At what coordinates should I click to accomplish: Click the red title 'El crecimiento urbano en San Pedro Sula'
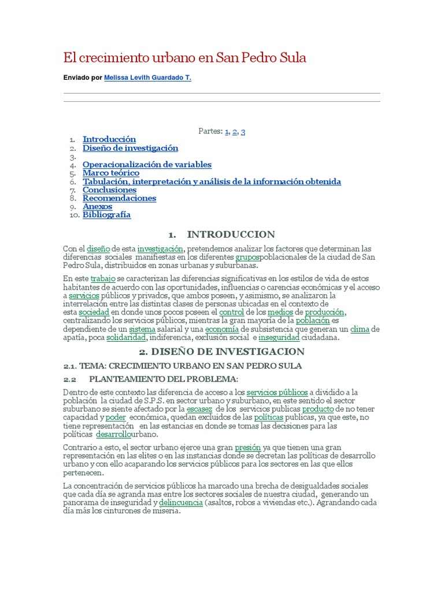tap(184, 58)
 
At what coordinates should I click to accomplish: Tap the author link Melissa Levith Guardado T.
tap(147, 77)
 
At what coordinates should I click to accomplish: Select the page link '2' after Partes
tap(235, 132)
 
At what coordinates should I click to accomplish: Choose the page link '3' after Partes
tap(243, 132)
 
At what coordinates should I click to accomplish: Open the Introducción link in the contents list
tap(109, 139)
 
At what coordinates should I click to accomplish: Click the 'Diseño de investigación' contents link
tap(130, 148)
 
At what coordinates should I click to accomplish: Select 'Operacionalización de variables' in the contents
tap(147, 165)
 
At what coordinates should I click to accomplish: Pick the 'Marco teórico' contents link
tap(111, 173)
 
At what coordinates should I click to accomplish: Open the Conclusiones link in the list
tap(109, 190)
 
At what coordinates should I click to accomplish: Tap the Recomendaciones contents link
tap(119, 198)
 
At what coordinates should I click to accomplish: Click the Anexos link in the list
tap(97, 206)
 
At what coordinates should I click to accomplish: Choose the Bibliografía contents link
tap(106, 215)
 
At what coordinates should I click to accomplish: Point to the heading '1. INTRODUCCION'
tap(222, 234)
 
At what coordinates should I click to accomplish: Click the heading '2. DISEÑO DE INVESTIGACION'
tap(222, 351)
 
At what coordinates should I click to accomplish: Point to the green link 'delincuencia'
tap(180, 503)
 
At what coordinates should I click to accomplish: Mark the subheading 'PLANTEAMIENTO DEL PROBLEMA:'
tap(164, 379)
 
